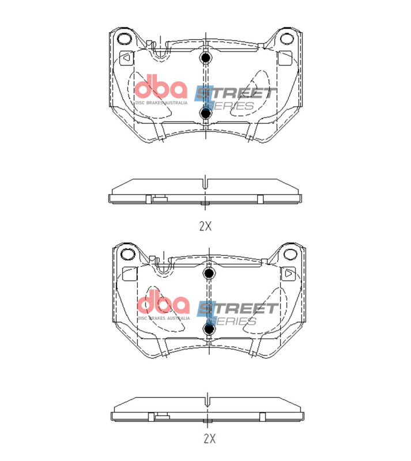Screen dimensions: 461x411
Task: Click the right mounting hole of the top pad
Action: pyautogui.click(x=286, y=39)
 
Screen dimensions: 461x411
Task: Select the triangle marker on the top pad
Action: pyautogui.click(x=126, y=58)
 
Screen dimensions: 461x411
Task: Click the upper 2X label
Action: pyautogui.click(x=205, y=226)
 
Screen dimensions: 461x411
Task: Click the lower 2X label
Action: pyautogui.click(x=209, y=439)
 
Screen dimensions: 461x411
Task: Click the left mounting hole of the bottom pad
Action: pyautogui.click(x=126, y=254)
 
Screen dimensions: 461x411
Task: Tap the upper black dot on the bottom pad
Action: pyautogui.click(x=209, y=273)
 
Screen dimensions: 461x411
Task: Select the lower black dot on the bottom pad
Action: pyautogui.click(x=209, y=328)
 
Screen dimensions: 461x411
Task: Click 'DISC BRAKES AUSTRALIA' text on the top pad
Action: pyautogui.click(x=161, y=103)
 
